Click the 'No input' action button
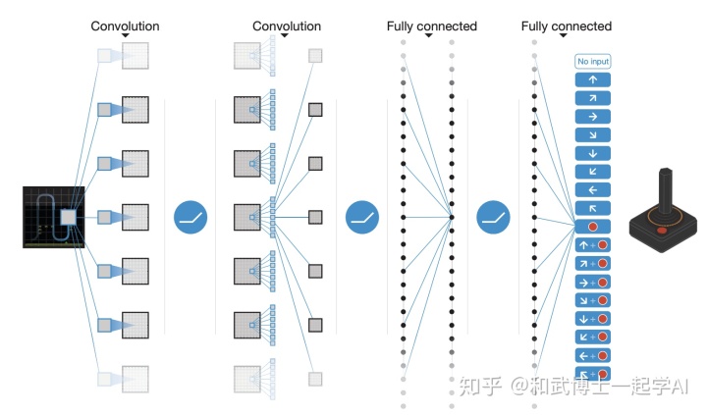[x=592, y=62]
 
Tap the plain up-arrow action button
[x=592, y=79]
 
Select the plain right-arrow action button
[x=592, y=116]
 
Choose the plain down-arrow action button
[x=592, y=153]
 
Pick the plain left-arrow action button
[x=592, y=189]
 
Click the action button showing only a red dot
[x=592, y=227]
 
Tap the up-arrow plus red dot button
[x=592, y=245]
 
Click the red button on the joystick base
[x=662, y=230]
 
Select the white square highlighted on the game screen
[x=68, y=217]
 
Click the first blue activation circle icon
[x=190, y=217]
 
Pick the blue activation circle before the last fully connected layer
[x=494, y=217]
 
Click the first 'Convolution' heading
[x=125, y=26]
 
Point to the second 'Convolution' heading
[x=286, y=26]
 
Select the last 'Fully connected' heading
[x=566, y=26]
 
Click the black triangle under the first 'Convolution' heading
[x=125, y=37]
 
